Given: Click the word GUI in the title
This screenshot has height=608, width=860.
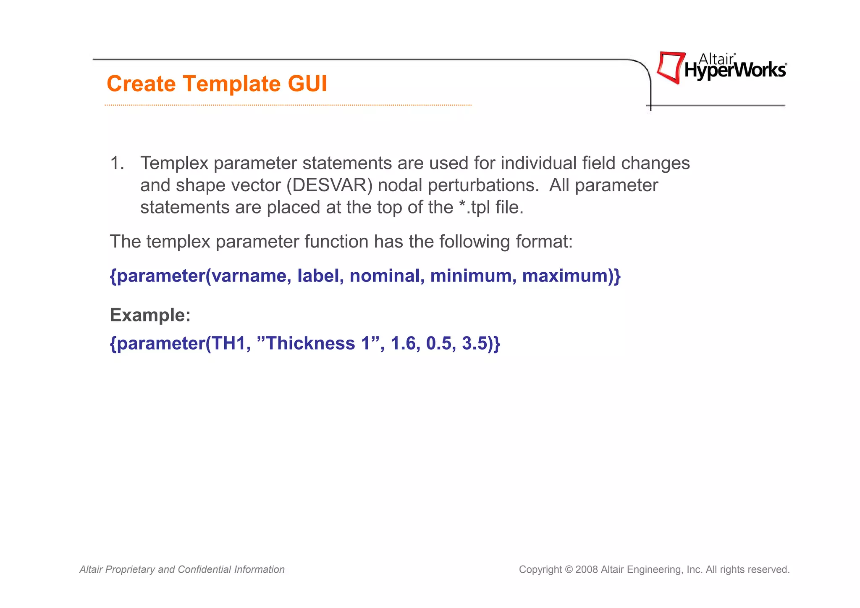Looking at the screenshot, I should pyautogui.click(x=307, y=84).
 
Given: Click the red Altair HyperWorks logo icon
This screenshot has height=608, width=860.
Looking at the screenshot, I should pyautogui.click(x=670, y=67).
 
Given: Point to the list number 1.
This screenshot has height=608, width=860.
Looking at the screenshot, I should pyautogui.click(x=117, y=163).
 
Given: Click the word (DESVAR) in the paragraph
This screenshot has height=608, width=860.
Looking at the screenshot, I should pyautogui.click(x=330, y=185).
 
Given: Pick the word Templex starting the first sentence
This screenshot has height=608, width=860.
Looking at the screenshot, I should pyautogui.click(x=174, y=163).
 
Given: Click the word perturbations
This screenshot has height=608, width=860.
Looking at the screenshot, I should pyautogui.click(x=483, y=185).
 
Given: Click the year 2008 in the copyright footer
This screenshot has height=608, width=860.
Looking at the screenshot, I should pyautogui.click(x=587, y=570).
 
